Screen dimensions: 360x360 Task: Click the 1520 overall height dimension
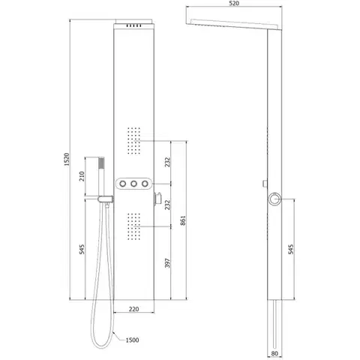67,160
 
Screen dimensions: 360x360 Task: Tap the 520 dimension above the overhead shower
234,3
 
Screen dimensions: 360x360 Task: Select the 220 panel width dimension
133,309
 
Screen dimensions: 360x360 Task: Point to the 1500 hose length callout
132,340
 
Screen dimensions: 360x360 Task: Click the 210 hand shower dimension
82,176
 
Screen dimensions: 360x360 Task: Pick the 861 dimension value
183,220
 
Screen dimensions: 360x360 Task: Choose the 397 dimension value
167,263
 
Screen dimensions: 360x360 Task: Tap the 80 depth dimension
274,354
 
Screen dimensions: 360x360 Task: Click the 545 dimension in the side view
291,249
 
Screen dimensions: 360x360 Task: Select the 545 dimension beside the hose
82,249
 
